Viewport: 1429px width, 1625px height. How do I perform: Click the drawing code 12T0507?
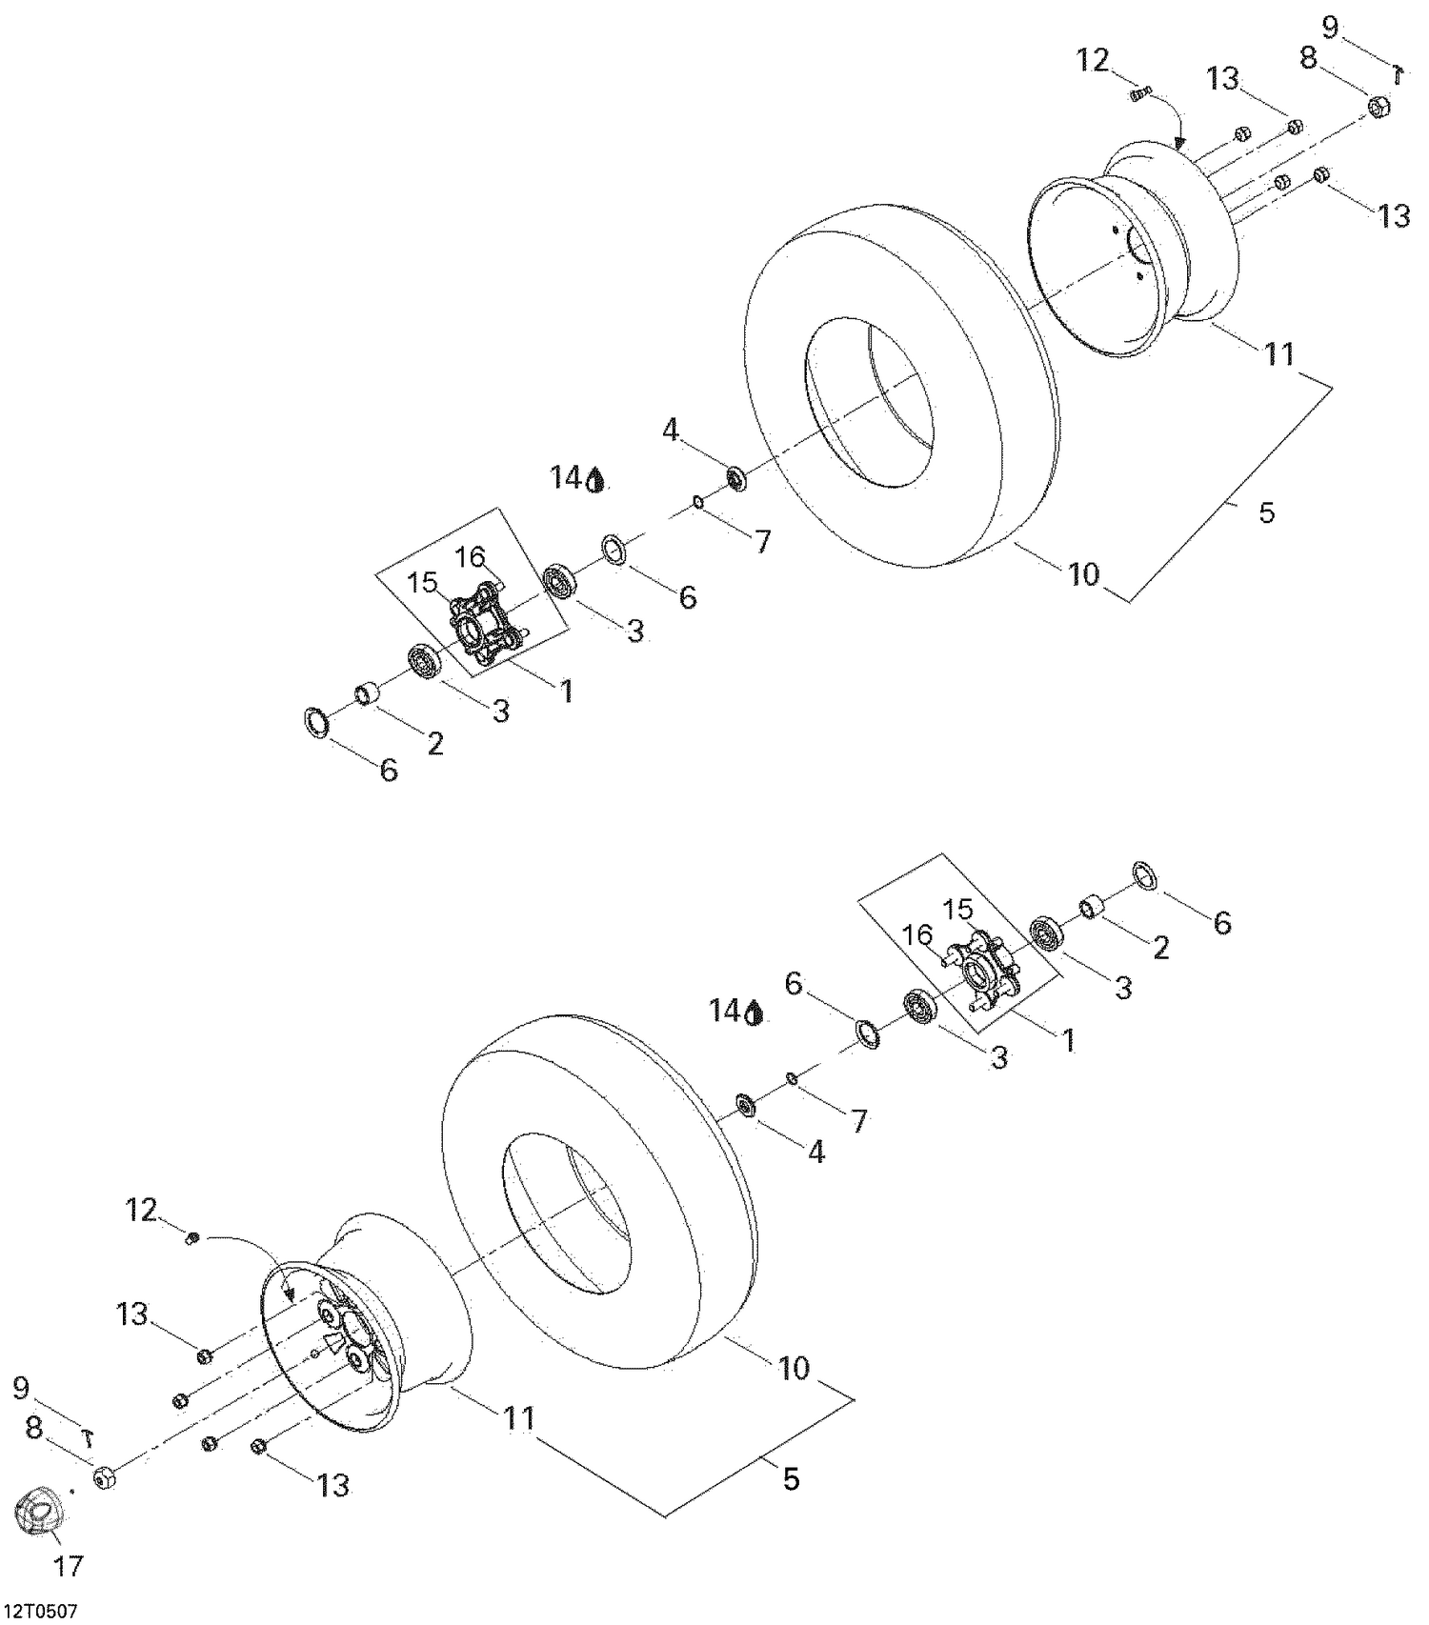[x=39, y=1611]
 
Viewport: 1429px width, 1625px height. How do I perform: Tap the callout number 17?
[x=68, y=1565]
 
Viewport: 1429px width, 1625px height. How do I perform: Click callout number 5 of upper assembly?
[x=1266, y=512]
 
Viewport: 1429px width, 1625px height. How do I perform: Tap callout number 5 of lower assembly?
[x=791, y=1479]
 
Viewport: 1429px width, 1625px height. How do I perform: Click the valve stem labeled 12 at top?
[x=1139, y=93]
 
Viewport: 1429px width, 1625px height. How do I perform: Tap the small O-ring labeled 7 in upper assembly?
[x=698, y=502]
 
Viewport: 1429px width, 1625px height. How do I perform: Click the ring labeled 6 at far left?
[x=316, y=722]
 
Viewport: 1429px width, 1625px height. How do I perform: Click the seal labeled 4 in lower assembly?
[x=745, y=1106]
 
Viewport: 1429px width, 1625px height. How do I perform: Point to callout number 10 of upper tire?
[x=1084, y=574]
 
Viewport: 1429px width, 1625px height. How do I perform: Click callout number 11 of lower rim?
[x=519, y=1419]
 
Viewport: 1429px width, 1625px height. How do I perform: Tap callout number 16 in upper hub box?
[x=470, y=556]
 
